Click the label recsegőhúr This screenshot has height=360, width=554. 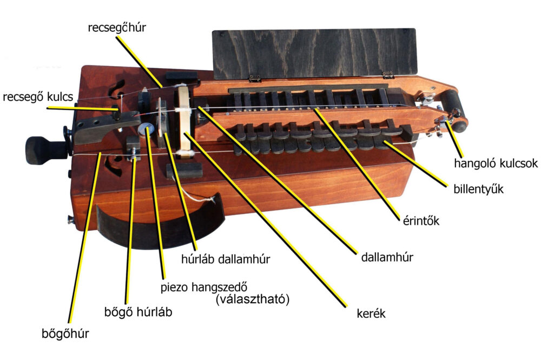117,28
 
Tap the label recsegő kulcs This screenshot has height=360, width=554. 38,96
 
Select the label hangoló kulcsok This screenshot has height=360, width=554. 496,163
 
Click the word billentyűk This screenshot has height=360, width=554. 478,189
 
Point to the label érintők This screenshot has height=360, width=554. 421,221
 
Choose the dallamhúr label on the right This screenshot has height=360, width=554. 387,257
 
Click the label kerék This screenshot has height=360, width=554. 371,313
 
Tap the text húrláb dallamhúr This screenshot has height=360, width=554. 226,259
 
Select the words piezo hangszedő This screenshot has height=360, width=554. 204,287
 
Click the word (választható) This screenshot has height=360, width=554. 252,299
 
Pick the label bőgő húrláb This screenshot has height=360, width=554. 138,312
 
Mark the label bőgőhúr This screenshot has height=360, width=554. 65,333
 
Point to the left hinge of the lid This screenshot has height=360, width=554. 254,78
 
